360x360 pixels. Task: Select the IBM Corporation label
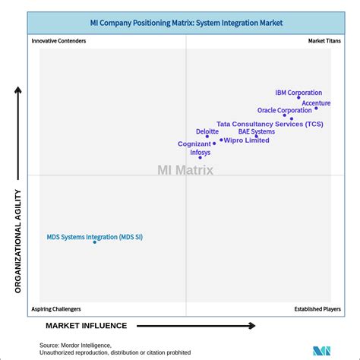point(298,93)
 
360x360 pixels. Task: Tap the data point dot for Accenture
point(316,109)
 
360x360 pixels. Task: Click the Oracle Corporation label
point(284,110)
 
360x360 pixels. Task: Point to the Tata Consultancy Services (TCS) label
point(270,124)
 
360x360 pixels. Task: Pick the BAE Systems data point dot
point(256,137)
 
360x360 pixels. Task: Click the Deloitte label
point(207,131)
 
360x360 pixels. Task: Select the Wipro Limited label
point(246,141)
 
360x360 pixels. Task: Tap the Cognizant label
point(194,144)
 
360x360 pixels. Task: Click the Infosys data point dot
point(201,158)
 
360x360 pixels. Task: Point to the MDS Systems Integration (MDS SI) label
point(94,237)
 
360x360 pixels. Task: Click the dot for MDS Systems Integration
point(95,243)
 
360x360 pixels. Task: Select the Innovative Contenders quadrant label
point(58,41)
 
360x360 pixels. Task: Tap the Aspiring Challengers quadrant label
point(56,309)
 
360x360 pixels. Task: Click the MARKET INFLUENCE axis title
point(86,326)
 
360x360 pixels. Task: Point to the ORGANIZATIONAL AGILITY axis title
point(18,240)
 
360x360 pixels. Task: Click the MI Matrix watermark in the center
point(185,170)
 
